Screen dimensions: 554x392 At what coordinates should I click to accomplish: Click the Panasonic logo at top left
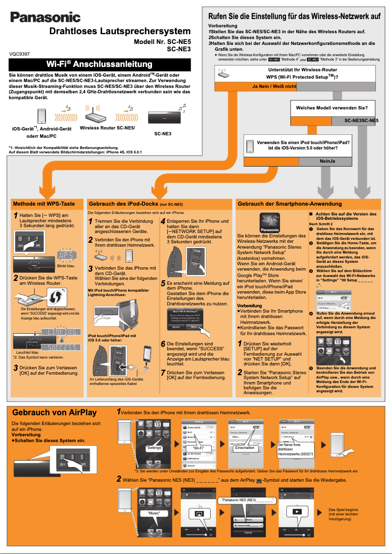pos(45,18)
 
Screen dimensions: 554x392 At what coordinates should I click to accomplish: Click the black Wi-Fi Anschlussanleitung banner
pos(100,64)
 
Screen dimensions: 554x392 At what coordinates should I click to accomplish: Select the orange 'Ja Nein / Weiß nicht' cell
pos(274,86)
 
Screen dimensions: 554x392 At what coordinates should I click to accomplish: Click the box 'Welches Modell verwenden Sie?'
pos(332,107)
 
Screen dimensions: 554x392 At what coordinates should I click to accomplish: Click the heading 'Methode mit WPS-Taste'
pos(44,203)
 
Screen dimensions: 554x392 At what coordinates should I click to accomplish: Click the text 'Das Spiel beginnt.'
pos(345,509)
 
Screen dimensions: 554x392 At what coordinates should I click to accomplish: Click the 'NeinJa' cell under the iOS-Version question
pos(327,161)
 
